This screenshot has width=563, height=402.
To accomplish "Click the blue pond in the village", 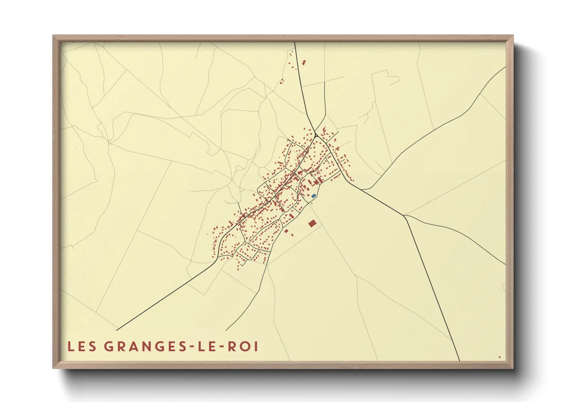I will pos(313,196).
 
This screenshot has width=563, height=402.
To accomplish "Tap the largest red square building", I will pos(312,223).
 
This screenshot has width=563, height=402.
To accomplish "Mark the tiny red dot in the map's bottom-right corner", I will pos(499,357).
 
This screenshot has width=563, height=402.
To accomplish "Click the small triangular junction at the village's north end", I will pos(316,135).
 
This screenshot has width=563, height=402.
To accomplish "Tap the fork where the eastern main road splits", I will pos(404,215).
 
